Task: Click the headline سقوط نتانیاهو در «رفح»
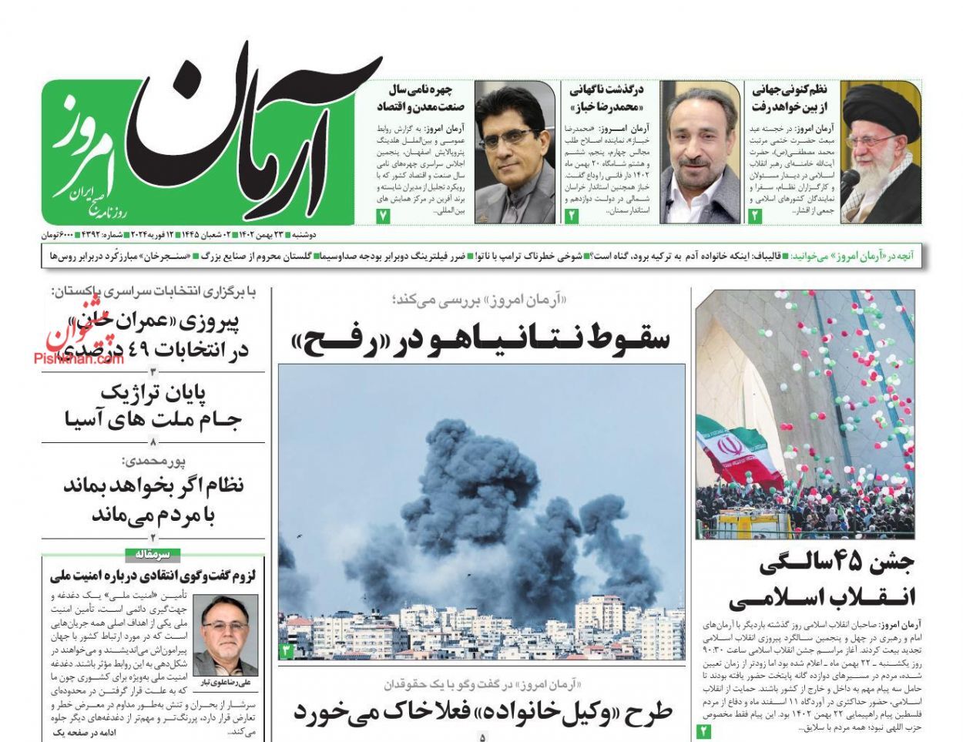tap(481, 338)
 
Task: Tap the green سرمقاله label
tap(153, 554)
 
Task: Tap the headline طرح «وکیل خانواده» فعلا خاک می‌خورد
tap(481, 710)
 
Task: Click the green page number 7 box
tap(384, 217)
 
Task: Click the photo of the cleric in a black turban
tap(881, 152)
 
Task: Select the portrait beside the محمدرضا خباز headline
tap(700, 152)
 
